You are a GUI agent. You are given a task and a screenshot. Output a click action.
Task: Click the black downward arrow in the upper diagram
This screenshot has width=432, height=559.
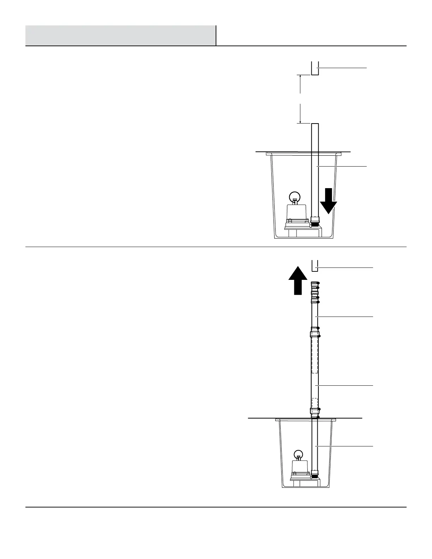click(x=329, y=201)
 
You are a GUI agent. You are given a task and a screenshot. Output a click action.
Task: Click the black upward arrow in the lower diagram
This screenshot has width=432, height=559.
click(x=298, y=280)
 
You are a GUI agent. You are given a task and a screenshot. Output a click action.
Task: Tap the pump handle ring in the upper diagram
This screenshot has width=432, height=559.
click(x=294, y=196)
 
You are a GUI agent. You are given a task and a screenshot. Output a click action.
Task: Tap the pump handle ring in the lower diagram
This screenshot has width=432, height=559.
click(x=299, y=454)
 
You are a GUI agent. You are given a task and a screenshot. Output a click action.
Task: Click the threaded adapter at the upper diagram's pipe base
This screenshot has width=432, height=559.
click(x=314, y=222)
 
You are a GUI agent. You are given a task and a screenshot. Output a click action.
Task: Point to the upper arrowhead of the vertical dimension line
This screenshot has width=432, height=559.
click(x=300, y=76)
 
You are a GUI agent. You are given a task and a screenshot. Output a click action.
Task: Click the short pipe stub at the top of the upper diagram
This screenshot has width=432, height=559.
click(x=315, y=68)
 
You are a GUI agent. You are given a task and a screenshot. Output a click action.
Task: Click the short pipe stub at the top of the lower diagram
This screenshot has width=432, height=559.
click(x=315, y=265)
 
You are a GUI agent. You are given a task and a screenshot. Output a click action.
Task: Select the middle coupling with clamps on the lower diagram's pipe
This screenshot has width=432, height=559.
click(x=315, y=332)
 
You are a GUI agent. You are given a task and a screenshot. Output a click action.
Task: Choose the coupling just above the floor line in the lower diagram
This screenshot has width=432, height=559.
click(x=315, y=411)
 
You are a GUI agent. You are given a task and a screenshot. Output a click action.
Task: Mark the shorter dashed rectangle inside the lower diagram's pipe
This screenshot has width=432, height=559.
click(x=315, y=402)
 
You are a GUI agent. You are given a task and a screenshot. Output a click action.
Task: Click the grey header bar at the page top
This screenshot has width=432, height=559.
click(x=120, y=35)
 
